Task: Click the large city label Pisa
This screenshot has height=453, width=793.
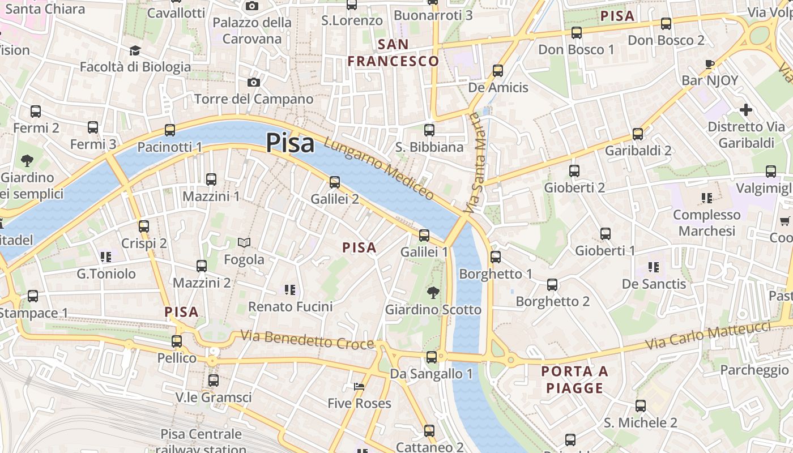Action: point(290,143)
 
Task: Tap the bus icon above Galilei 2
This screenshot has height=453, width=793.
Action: point(335,182)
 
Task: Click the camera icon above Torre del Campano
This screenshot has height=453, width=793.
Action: point(253,82)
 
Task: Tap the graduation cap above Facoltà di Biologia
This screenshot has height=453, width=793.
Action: point(135,50)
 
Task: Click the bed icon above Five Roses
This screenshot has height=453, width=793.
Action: point(359,387)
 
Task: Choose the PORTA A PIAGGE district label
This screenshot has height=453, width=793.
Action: point(574,379)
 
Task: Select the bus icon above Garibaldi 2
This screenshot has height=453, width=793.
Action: point(638,134)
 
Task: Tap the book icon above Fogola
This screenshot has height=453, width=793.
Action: point(244,242)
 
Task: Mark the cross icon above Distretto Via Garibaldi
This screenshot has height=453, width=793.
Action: point(746,109)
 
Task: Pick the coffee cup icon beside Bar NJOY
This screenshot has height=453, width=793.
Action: point(710,63)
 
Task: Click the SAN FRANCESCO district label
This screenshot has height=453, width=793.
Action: point(393,53)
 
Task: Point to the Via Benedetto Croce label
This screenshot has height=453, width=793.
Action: point(307,340)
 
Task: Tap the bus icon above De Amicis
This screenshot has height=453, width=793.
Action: point(498,70)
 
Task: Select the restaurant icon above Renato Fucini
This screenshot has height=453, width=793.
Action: point(290,290)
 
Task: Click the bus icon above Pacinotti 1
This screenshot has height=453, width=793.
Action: point(169,130)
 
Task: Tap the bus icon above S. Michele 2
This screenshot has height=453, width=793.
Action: point(640,405)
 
